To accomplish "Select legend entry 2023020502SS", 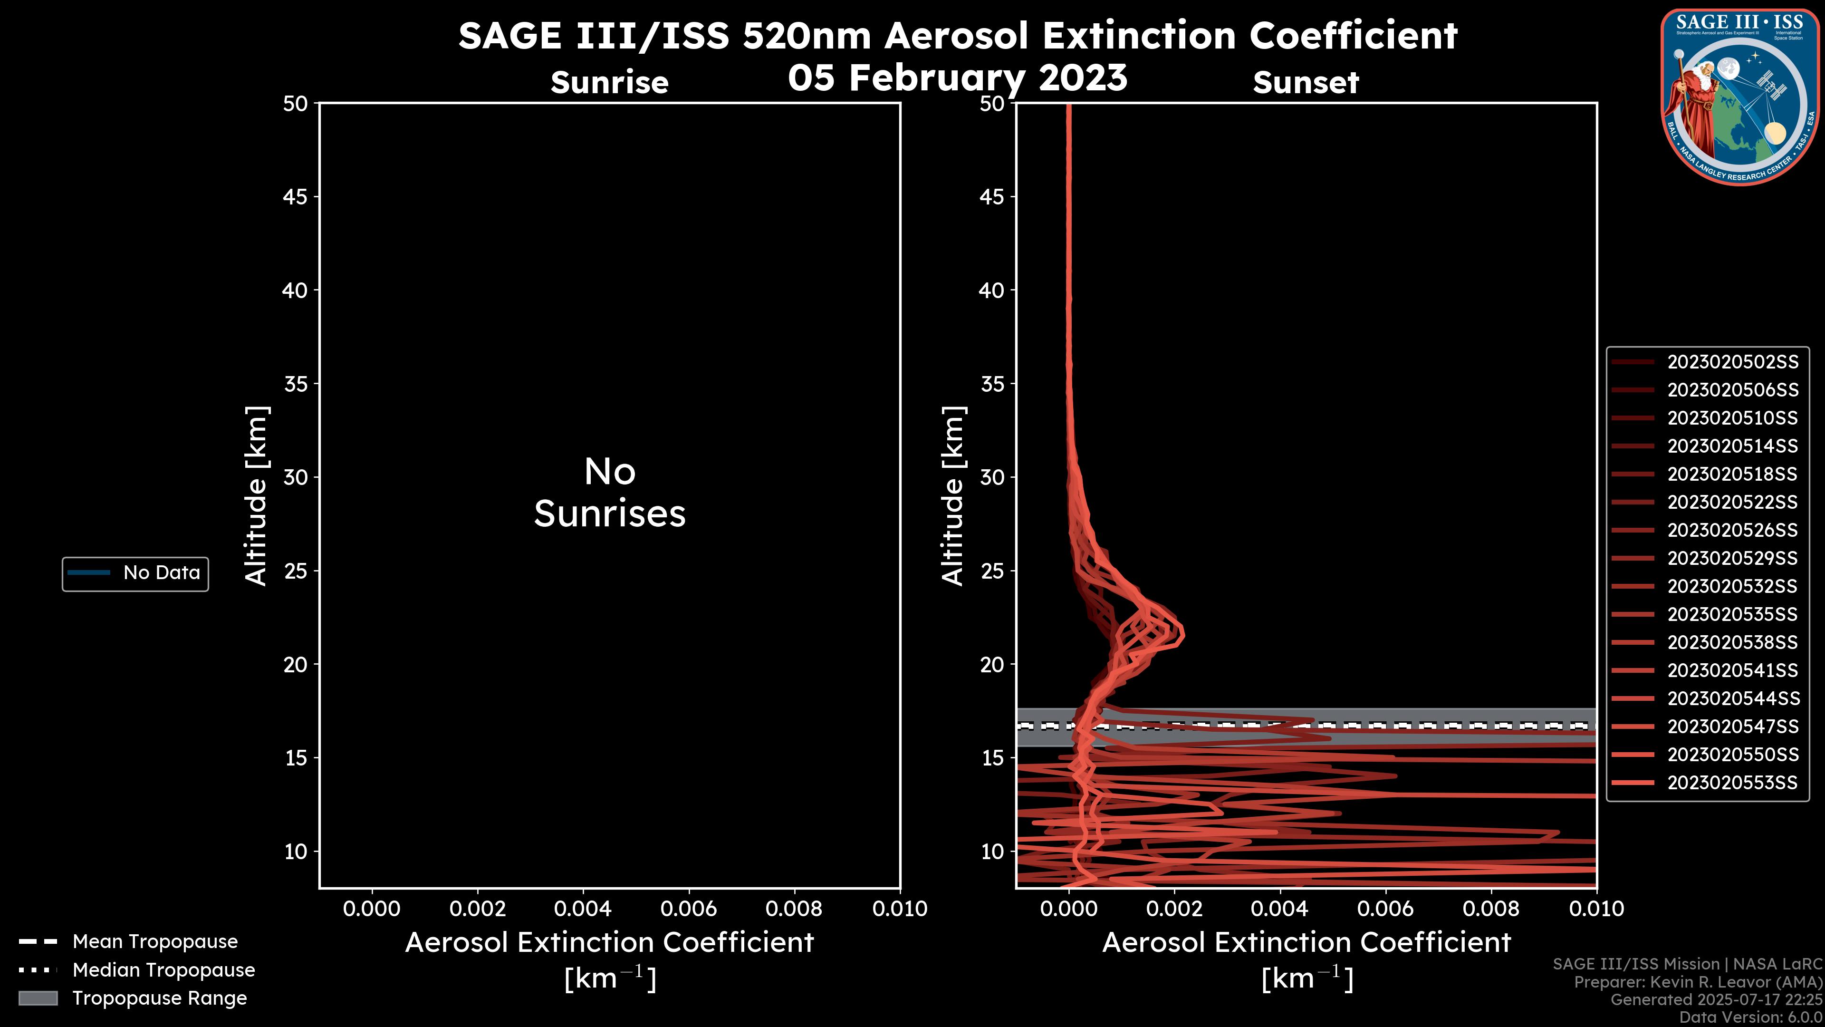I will tap(1732, 362).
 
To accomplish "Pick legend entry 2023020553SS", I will tap(1732, 783).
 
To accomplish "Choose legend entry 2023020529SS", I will tap(1732, 559).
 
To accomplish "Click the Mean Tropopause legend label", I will tap(155, 941).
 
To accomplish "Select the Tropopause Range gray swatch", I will tap(38, 998).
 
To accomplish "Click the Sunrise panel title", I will tap(609, 83).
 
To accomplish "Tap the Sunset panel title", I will tap(1306, 83).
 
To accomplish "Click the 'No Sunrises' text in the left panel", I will tap(609, 493).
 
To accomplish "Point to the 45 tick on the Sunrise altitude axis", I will tap(296, 196).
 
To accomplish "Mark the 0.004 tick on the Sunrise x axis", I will tap(583, 909).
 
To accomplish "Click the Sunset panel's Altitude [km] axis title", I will tap(953, 495).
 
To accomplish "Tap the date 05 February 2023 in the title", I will tap(957, 77).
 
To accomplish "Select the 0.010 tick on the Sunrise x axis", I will tap(900, 909).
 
